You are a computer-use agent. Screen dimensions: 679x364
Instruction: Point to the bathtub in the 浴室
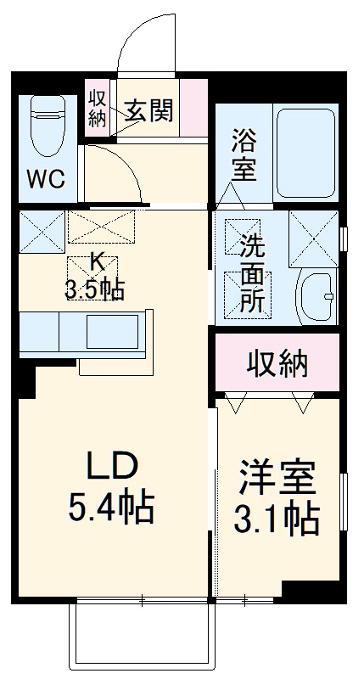pyautogui.click(x=307, y=153)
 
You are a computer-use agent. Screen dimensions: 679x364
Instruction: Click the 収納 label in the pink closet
pyautogui.click(x=277, y=364)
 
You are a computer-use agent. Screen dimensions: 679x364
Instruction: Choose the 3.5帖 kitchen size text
pyautogui.click(x=95, y=289)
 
